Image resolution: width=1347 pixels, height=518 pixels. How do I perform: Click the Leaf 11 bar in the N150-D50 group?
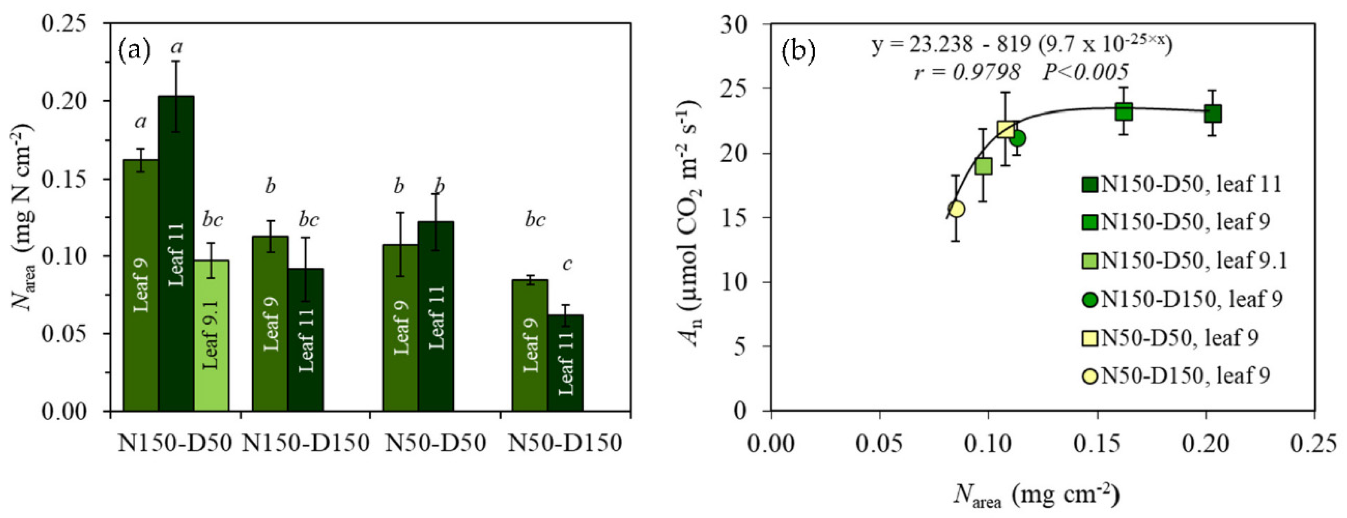tap(176, 254)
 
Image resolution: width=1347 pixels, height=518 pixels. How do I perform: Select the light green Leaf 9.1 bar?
tap(211, 335)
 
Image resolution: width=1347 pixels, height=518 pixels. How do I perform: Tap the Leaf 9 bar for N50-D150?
tap(530, 345)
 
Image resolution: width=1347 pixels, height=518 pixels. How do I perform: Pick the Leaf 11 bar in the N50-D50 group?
tap(436, 317)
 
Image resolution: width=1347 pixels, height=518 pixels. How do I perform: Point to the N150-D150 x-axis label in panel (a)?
tap(306, 444)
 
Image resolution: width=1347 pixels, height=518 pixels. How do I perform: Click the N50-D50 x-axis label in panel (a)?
tap(436, 444)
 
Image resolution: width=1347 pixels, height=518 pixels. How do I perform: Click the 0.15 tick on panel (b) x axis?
tap(1097, 444)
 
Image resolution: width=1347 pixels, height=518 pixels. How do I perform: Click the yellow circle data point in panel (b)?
tap(957, 209)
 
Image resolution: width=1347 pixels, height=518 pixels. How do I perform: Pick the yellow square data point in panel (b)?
tap(1006, 129)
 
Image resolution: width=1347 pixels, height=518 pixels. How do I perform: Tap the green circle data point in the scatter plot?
tap(1017, 139)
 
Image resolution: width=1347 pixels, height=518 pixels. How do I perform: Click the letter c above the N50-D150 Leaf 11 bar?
tap(567, 265)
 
